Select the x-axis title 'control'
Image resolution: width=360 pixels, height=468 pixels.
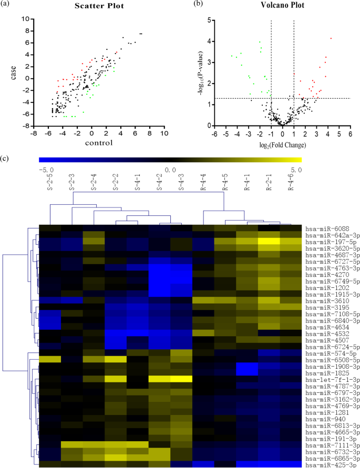pos(92,142)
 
